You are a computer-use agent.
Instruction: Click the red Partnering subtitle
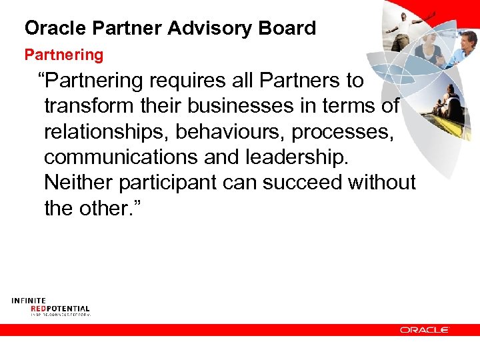pyautogui.click(x=64, y=54)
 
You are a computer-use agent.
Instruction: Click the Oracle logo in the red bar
pyautogui.click(x=425, y=330)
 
